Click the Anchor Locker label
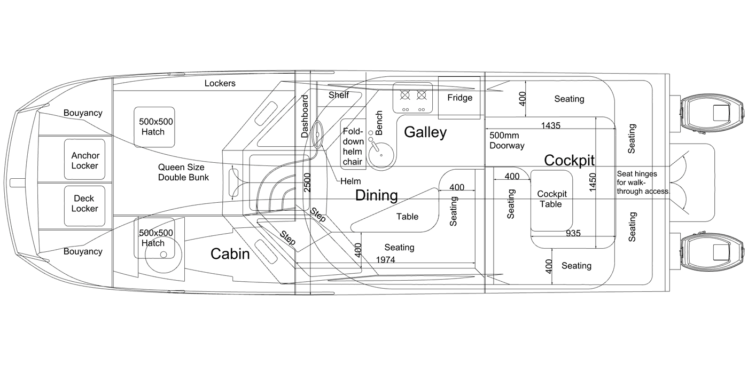click(x=85, y=161)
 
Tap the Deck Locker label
click(x=84, y=203)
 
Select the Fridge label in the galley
click(x=460, y=98)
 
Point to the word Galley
click(x=425, y=132)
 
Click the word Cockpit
click(x=570, y=161)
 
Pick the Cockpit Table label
click(x=551, y=199)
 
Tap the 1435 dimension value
click(x=551, y=125)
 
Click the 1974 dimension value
click(x=385, y=259)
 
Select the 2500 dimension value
click(x=307, y=182)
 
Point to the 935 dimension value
click(x=573, y=233)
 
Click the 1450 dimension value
click(x=593, y=182)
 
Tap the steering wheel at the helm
click(x=317, y=134)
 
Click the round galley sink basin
click(x=380, y=155)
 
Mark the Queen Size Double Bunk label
click(x=183, y=172)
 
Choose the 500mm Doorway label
click(x=507, y=140)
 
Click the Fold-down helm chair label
click(x=353, y=146)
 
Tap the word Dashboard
click(x=305, y=116)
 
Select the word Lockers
click(x=220, y=83)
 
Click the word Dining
click(x=376, y=195)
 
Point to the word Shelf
click(x=339, y=95)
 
